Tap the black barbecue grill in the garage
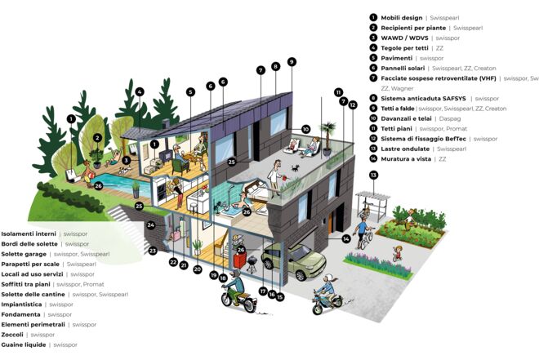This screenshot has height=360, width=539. pos(252,264)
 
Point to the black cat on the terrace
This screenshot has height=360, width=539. pos(295,168)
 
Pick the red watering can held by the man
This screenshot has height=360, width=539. pos(285,178)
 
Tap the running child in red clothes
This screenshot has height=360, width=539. pos(398,254)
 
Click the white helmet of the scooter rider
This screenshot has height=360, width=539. pos(329,278)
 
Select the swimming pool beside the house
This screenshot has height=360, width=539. pos(123,184)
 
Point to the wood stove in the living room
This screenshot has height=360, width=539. pos(165,155)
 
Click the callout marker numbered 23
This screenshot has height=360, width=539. pos(153,251)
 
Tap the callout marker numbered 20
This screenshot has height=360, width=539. pos(198,269)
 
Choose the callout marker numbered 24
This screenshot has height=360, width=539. pos(151,225)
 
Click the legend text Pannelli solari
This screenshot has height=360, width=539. pos(403,69)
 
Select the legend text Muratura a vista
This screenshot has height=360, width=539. pos(406,159)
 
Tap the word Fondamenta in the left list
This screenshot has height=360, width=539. pos(20,314)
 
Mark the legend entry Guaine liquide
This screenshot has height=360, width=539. pos(24,344)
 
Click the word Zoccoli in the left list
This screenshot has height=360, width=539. pos(12,335)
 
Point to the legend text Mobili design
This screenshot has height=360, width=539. pos(402,18)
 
